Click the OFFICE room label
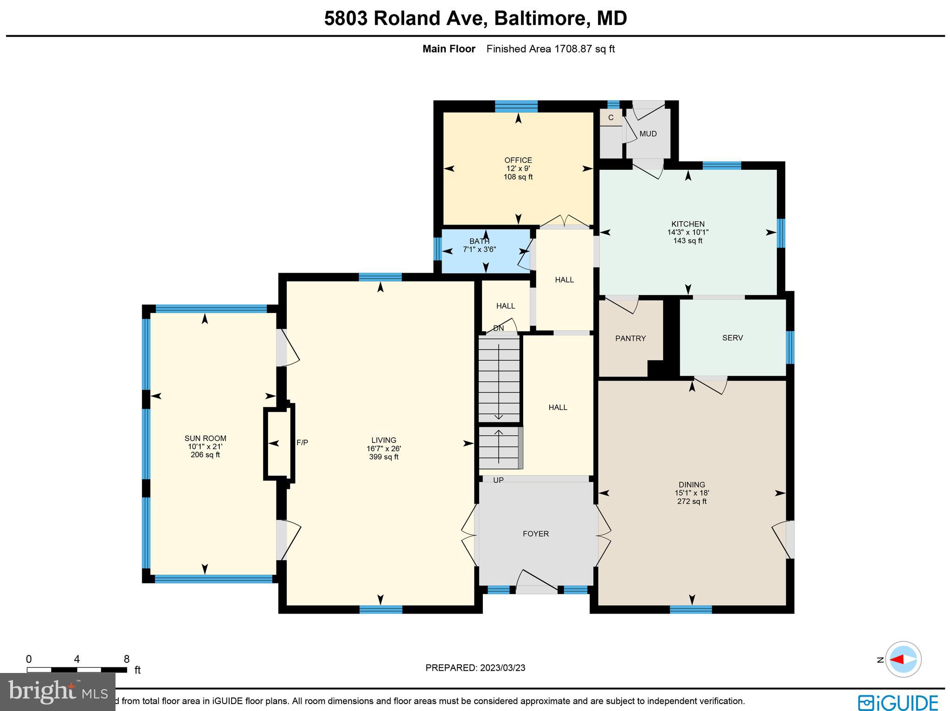(518, 160)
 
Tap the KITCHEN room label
(687, 224)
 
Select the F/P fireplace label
(302, 442)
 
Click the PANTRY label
(630, 339)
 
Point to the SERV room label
(732, 338)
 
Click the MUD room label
(648, 134)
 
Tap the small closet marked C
(610, 118)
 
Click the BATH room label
(479, 241)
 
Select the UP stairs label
(498, 480)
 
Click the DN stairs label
(498, 328)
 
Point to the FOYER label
(535, 534)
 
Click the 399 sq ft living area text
(384, 457)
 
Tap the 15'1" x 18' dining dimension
(692, 493)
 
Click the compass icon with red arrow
(903, 659)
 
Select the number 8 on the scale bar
(126, 659)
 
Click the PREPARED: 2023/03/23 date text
(475, 668)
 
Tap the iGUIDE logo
(898, 702)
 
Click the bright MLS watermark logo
(58, 692)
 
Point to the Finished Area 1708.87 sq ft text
(550, 49)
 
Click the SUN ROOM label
(205, 438)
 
